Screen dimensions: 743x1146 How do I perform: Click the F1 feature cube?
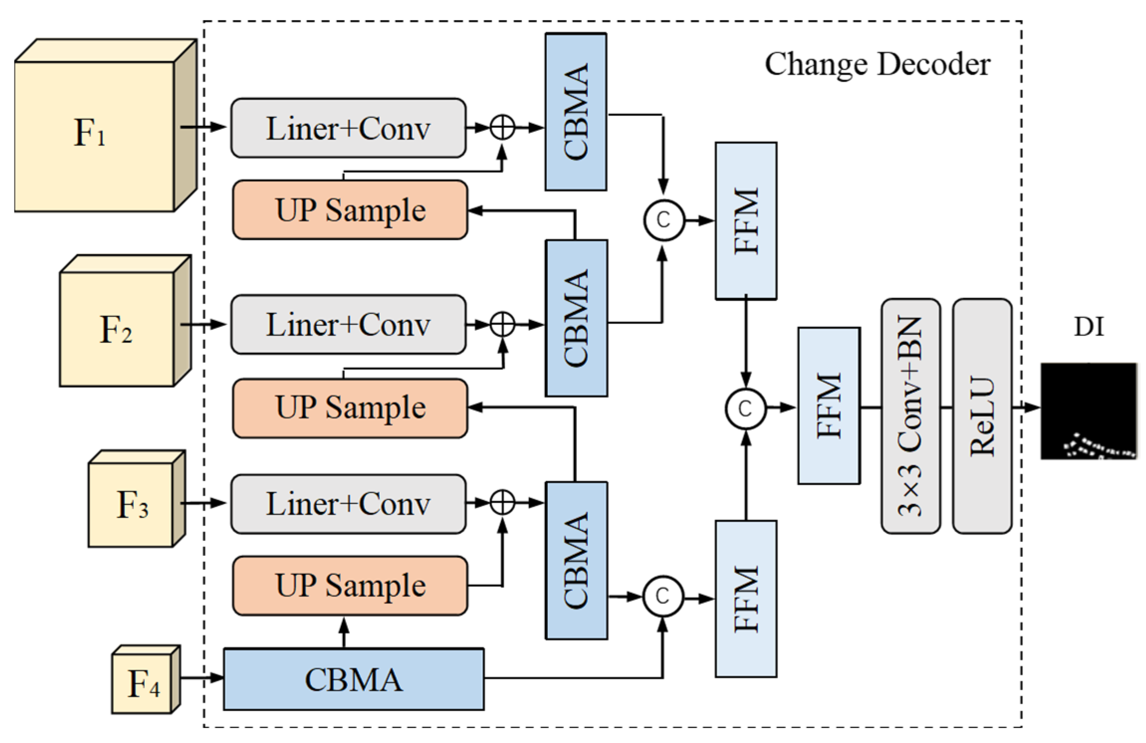[95, 134]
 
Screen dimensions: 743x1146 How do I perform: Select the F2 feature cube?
[117, 328]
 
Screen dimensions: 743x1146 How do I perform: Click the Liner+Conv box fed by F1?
[348, 128]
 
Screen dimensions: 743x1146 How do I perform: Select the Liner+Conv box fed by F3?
[348, 504]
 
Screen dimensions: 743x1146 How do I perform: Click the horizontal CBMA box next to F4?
[353, 679]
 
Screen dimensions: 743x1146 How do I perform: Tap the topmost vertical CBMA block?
[576, 112]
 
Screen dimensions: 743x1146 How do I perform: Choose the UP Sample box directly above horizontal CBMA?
[350, 586]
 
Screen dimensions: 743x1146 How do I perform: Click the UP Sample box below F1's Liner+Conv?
[350, 210]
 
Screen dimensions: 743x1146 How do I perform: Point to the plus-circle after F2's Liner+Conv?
[502, 324]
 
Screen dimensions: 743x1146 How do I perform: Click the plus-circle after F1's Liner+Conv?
[502, 127]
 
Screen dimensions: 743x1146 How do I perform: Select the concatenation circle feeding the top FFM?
[664, 220]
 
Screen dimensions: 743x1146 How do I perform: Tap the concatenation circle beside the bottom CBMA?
[663, 596]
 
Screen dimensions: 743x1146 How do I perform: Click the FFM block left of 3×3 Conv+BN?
[829, 406]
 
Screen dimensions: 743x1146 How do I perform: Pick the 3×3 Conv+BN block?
[910, 416]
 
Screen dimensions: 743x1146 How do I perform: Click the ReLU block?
[982, 416]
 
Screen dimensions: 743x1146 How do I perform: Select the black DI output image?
[1088, 411]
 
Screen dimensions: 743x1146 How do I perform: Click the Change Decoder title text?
[877, 65]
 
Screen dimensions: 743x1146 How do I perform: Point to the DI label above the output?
[1088, 327]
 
